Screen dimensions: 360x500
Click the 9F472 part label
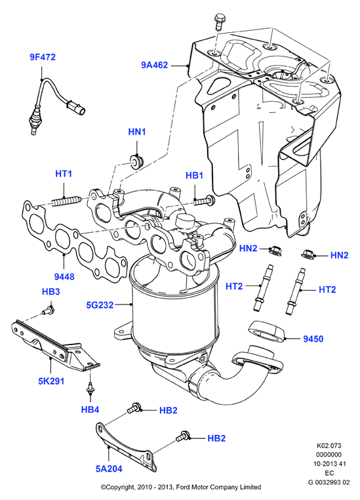43,57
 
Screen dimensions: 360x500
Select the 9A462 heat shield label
155,65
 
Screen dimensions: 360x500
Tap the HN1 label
137,132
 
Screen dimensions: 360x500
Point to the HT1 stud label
64,174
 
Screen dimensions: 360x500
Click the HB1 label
194,176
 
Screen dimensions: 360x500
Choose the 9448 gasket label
64,277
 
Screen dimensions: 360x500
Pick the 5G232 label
100,305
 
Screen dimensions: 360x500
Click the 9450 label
313,339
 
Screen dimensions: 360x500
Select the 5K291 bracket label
51,381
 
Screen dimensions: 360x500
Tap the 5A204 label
109,469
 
